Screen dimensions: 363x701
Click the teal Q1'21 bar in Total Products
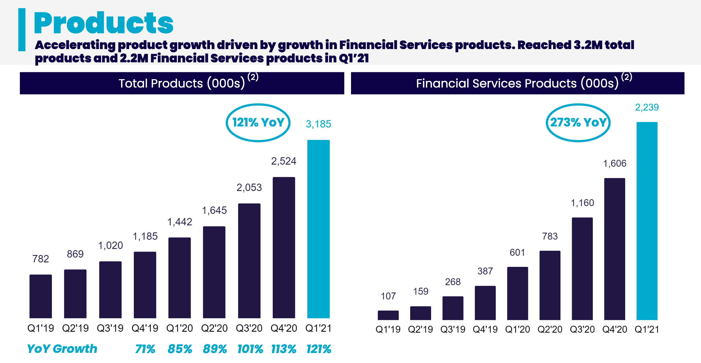[x=318, y=229]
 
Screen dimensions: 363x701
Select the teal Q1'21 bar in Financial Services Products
[x=647, y=221]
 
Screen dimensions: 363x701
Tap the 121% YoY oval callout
[x=258, y=123]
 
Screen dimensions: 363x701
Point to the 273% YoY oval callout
[x=578, y=123]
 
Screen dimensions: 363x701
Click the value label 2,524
[x=284, y=161]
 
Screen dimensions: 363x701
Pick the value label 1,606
[x=615, y=163]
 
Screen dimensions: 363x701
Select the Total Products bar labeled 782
[x=41, y=296]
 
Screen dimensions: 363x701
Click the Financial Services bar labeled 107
[x=388, y=315]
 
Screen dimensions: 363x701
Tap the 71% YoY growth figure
[x=145, y=349]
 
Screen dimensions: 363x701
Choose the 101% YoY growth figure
[x=250, y=349]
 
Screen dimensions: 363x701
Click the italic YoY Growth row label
[x=62, y=349]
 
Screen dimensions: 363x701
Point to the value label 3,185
[x=318, y=124]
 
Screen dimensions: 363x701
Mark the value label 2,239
[x=647, y=107]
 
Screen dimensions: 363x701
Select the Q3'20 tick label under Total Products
[x=249, y=328]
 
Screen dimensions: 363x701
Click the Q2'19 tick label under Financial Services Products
[x=420, y=329]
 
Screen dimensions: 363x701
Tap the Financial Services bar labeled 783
[x=550, y=285]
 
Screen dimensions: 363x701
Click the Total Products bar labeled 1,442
[x=179, y=278]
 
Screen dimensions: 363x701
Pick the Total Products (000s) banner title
[x=182, y=83]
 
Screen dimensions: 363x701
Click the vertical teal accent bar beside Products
[x=22, y=30]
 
